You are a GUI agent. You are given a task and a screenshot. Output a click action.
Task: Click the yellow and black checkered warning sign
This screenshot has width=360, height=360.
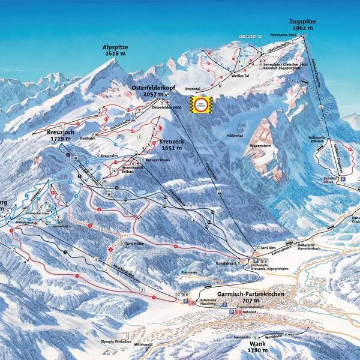(x=202, y=104)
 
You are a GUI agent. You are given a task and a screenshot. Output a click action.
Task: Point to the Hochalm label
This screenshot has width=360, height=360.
(x=96, y=137)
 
